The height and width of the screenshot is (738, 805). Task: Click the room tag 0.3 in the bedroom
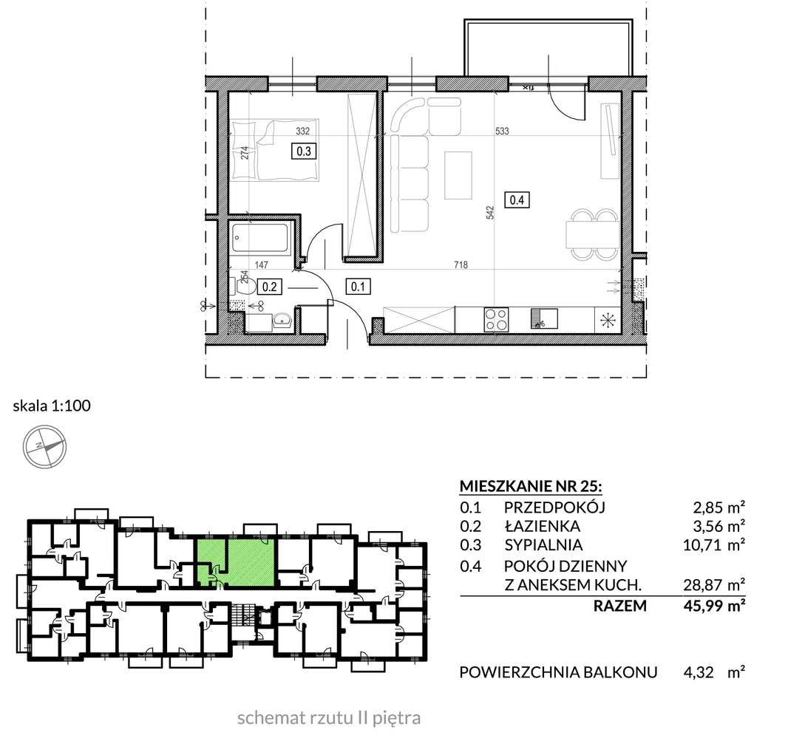(304, 151)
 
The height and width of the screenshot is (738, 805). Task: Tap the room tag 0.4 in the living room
(517, 199)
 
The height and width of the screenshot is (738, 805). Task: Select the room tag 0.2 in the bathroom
(270, 287)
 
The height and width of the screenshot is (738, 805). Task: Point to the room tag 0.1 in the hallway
(358, 287)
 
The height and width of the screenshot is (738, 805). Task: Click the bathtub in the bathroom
(260, 237)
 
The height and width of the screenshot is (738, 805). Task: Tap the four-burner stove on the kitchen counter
(496, 319)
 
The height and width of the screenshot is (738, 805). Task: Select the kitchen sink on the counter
(544, 318)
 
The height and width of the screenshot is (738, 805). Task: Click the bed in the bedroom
(275, 150)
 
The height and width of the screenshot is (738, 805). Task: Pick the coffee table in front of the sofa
(458, 175)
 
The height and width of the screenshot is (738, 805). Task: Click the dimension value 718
(461, 264)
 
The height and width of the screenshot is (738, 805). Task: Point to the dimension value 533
(502, 131)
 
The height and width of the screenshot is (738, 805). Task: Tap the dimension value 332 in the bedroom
(303, 131)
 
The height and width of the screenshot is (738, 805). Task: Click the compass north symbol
(45, 446)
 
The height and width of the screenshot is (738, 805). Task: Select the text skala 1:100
(52, 406)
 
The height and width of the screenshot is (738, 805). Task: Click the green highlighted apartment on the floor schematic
(235, 561)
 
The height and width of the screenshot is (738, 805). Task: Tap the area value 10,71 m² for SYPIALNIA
(714, 544)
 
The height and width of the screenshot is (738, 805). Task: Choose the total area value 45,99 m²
(714, 606)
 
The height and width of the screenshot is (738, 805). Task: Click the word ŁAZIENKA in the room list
(542, 526)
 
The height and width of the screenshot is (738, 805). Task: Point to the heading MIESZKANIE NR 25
(531, 485)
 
